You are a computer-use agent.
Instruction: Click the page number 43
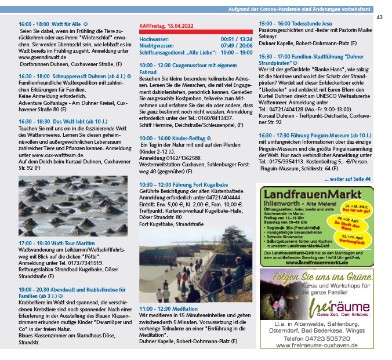379,17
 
